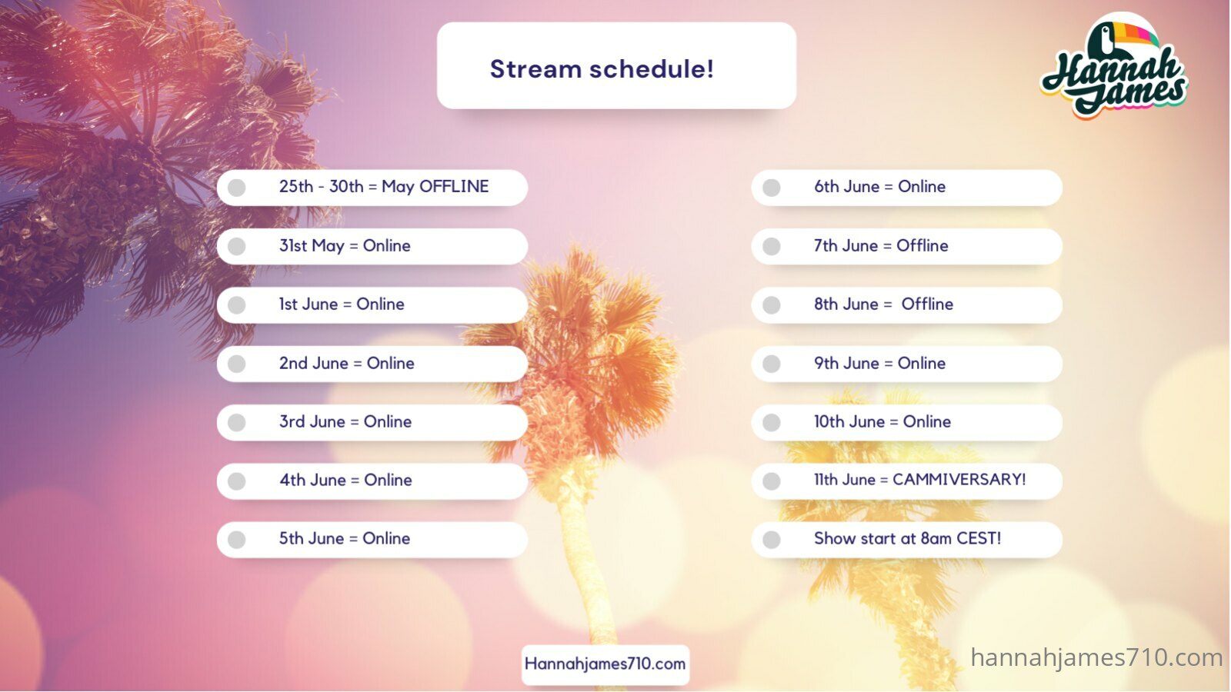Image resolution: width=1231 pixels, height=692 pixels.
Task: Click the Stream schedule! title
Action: (602, 69)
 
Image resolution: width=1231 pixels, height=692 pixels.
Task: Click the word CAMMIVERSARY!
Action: (959, 480)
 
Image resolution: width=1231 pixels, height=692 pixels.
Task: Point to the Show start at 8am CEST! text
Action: (907, 538)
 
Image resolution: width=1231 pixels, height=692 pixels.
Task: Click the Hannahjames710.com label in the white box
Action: (605, 664)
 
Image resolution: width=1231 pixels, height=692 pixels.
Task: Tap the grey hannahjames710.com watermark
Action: (1096, 658)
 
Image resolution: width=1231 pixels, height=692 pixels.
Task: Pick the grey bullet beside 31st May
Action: (237, 246)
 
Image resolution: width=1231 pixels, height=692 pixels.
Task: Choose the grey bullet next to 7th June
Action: (772, 246)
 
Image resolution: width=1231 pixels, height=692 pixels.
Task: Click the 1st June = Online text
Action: (342, 304)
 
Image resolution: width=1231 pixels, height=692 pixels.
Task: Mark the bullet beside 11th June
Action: (772, 481)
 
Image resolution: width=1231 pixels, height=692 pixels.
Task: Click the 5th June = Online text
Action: (344, 538)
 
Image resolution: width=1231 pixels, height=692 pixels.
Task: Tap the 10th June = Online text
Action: (882, 422)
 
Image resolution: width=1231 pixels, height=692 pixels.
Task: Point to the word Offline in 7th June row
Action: (922, 245)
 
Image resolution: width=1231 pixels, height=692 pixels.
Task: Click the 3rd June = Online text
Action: (345, 422)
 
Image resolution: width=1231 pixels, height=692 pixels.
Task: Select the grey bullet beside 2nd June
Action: (237, 364)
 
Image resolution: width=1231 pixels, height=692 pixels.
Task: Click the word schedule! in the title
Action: (652, 69)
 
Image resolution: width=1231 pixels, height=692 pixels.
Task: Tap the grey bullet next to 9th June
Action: (772, 364)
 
